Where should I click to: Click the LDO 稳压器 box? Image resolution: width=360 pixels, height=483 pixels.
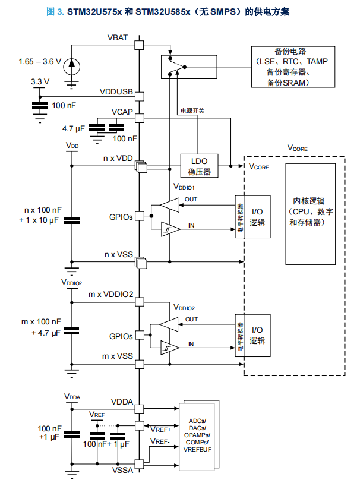[199, 166]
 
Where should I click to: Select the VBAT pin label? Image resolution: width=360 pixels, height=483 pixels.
[118, 39]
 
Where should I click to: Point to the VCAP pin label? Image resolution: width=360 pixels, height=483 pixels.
[121, 112]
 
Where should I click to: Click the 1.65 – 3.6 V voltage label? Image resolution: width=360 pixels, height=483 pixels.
[40, 61]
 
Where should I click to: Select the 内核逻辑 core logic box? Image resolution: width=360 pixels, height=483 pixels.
[312, 211]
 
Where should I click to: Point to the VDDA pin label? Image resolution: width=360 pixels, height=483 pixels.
[121, 402]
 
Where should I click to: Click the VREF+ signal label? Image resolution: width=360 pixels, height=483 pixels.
[161, 429]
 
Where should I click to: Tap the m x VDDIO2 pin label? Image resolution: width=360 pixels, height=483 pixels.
[110, 295]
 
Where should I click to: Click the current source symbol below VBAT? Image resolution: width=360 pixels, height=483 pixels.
[72, 63]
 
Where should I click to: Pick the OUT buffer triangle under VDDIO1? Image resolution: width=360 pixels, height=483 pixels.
[168, 206]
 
